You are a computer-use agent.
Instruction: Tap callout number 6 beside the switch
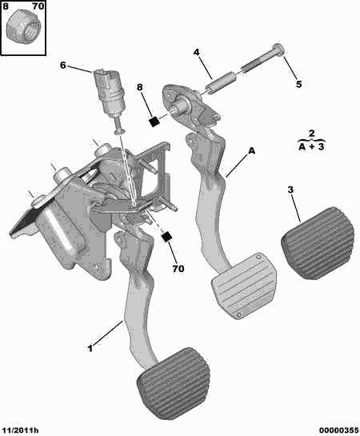tap(63, 66)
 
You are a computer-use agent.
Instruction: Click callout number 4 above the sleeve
tap(196, 52)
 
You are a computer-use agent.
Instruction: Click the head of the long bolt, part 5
tap(278, 50)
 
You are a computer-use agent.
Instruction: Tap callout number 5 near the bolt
tap(298, 84)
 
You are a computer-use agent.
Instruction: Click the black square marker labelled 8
tap(154, 122)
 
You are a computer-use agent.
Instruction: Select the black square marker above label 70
tap(166, 237)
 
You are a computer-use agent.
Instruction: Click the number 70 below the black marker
tap(178, 269)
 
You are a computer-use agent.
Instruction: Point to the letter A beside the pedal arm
tap(251, 151)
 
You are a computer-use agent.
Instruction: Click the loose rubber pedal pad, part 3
tap(318, 242)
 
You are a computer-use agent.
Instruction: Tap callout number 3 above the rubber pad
tap(290, 190)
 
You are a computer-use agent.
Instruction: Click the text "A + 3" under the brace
tap(311, 146)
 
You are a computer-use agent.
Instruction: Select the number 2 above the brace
tap(312, 133)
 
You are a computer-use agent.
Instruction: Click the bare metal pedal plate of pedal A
tap(244, 286)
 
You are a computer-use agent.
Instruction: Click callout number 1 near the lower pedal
tap(90, 348)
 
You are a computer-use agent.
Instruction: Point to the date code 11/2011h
tap(19, 430)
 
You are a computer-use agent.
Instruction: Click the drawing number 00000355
tap(339, 430)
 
